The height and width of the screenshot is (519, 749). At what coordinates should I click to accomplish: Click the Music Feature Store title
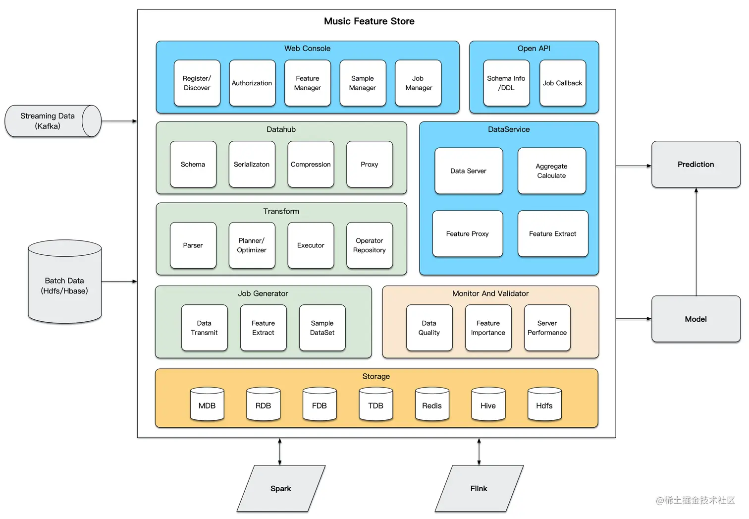[369, 21]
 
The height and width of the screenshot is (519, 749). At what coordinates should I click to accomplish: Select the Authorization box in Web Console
[252, 83]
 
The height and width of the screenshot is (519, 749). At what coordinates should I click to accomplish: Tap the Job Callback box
[562, 83]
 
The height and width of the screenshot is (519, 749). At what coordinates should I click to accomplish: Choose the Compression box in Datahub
[311, 165]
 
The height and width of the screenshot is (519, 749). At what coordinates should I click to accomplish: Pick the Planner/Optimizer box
[252, 245]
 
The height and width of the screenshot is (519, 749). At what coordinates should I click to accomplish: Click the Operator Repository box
[370, 245]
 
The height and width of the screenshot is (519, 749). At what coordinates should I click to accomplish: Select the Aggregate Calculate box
[551, 171]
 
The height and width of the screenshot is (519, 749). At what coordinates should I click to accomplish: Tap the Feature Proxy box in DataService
[467, 234]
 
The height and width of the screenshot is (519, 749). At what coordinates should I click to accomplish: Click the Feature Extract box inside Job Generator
[263, 328]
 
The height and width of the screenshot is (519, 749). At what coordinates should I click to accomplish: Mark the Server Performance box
[547, 328]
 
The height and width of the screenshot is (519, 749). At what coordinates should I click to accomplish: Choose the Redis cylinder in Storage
[432, 405]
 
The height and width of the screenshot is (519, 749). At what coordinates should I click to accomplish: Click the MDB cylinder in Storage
[207, 405]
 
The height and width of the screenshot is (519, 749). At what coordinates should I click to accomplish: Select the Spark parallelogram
[281, 489]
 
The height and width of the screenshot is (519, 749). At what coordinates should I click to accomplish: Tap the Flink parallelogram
[479, 489]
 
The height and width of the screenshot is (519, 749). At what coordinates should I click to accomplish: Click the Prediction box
[695, 165]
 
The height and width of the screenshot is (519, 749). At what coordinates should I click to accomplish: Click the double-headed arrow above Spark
[280, 452]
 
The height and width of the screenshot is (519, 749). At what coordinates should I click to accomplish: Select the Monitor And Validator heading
[490, 293]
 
